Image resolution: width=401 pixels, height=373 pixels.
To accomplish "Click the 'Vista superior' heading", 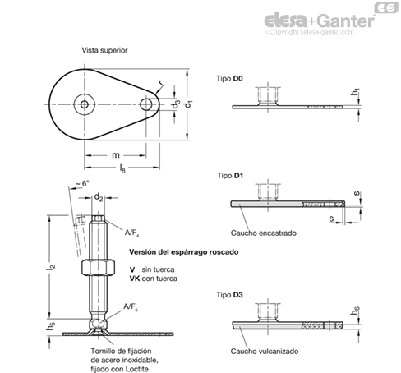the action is coord(104,50).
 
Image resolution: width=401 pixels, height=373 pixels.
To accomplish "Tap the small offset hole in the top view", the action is coord(146,104).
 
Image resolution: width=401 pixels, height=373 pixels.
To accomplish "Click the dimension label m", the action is coord(116,155).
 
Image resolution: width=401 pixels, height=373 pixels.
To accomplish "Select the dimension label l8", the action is coord(122,168).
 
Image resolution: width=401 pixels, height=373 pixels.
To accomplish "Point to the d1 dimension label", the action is coord(188,104).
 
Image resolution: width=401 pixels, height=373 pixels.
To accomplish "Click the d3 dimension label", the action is coord(176,104).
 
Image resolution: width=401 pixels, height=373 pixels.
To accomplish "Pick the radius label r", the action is coord(161,82).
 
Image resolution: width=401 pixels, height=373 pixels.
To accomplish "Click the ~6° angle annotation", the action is coord(83,183).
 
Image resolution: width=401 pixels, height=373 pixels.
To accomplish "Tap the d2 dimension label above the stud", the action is coord(99,197).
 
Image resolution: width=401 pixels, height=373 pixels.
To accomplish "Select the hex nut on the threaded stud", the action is coord(98,267).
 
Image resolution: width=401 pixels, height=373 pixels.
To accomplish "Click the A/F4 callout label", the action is coord(131,233).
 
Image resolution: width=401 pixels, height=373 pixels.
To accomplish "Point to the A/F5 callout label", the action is coord(131,306).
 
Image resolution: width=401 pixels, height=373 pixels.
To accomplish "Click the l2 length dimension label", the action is coord(51,266).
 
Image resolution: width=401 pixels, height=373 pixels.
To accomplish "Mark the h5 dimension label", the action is coord(51,325).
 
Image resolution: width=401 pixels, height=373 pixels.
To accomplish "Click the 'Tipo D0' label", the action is coord(229,79).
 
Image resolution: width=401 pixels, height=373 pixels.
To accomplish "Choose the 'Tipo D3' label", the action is coord(229,295).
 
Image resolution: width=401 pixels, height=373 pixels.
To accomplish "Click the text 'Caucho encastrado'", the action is coord(264,233).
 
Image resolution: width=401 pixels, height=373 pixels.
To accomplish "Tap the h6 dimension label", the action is coord(355,311).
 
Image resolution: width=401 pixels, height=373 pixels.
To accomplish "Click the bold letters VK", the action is coord(135,279).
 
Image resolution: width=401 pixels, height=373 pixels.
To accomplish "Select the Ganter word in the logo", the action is coord(346,21).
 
